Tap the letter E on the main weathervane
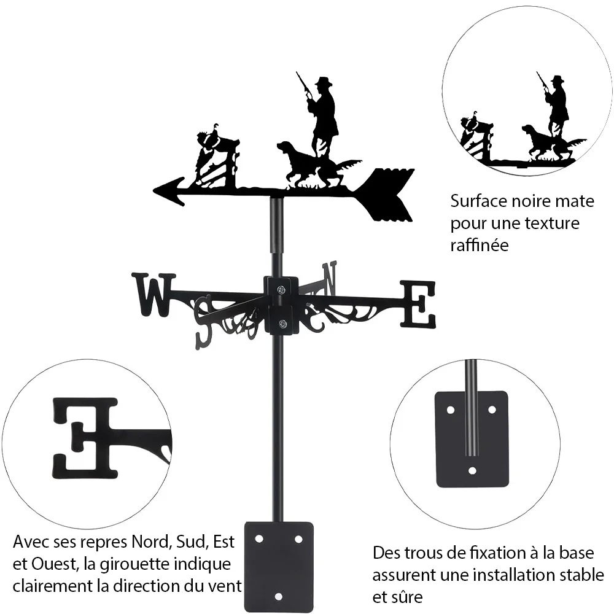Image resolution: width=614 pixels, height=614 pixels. click(x=418, y=305)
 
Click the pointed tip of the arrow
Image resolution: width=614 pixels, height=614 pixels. click(x=154, y=191)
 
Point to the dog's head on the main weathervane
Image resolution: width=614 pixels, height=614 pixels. click(x=286, y=148)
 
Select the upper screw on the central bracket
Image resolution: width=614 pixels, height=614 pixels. click(x=281, y=290)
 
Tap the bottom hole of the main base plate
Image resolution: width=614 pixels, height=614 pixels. click(x=278, y=596)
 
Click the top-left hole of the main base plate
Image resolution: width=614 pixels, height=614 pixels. click(x=258, y=539)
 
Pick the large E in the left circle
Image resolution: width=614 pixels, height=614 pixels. click(x=85, y=438)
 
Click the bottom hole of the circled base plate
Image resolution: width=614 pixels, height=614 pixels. click(x=472, y=470)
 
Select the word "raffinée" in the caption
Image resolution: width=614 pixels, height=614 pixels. click(x=480, y=245)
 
